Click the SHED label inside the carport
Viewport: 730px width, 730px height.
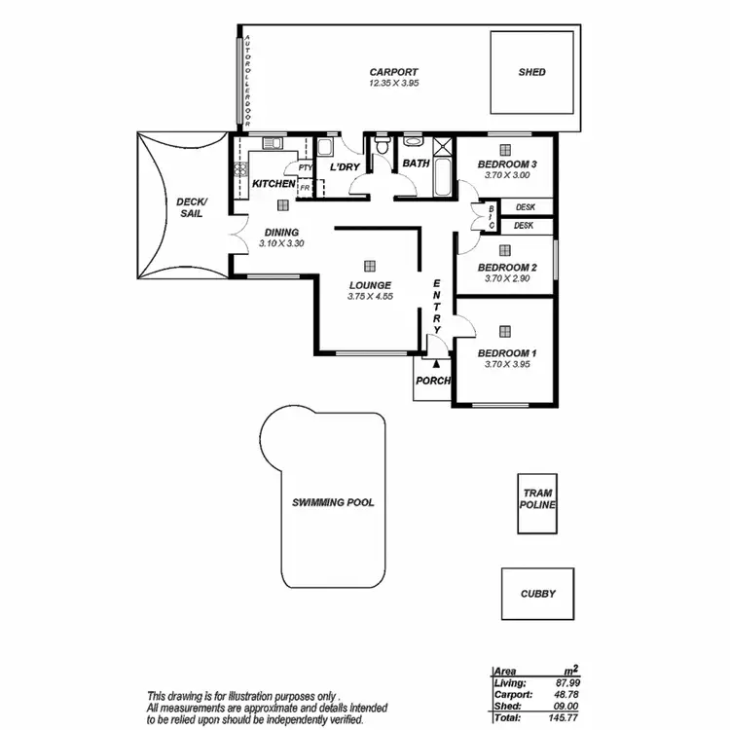click(531, 72)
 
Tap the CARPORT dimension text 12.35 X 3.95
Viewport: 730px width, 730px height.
click(393, 85)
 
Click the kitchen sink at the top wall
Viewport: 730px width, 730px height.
click(273, 144)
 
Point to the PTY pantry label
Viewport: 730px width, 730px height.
click(305, 167)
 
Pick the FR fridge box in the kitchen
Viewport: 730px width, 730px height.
click(305, 187)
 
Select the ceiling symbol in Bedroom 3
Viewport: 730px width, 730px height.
click(504, 149)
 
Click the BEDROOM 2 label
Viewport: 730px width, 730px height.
click(507, 267)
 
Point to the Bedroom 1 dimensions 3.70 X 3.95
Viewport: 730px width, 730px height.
click(507, 365)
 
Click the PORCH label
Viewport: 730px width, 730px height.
click(432, 381)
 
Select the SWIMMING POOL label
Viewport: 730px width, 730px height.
click(333, 503)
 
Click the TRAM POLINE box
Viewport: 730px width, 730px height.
click(536, 504)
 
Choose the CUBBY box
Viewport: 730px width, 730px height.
click(537, 593)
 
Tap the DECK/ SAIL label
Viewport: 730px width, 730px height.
click(190, 207)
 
